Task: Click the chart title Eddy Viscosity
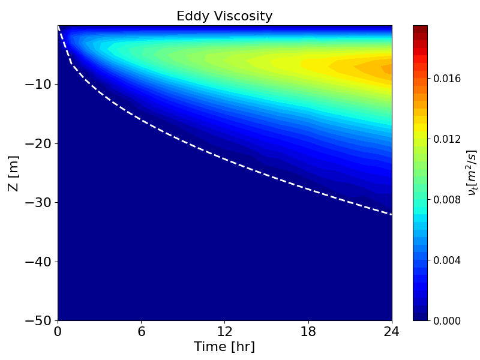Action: [x=224, y=16]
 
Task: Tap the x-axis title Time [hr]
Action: [x=224, y=347]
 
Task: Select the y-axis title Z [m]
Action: [x=13, y=173]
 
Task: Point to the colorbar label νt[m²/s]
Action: [x=472, y=173]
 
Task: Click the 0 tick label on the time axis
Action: [x=58, y=331]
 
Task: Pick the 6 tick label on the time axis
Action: [x=142, y=331]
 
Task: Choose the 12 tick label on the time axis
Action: [x=225, y=331]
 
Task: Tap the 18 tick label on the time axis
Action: [x=308, y=331]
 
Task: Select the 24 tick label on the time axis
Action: [x=392, y=331]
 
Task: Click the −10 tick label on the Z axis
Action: [x=37, y=84]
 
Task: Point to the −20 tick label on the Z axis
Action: [x=37, y=143]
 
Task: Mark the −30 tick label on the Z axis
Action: [x=37, y=202]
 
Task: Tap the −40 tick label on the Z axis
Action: [x=37, y=262]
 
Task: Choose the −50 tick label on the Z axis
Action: [x=37, y=320]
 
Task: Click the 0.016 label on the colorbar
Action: [x=447, y=79]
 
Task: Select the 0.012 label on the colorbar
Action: [x=447, y=139]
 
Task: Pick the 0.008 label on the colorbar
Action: [x=447, y=200]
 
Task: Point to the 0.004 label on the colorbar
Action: [x=447, y=260]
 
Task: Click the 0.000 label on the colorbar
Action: [x=447, y=320]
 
